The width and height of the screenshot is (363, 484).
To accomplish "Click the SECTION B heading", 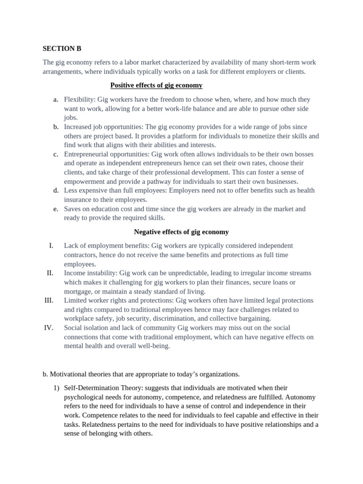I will [x=59, y=48].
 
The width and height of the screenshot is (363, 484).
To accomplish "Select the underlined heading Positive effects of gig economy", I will [x=156, y=85].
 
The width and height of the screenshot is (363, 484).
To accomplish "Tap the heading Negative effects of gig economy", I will [x=181, y=232].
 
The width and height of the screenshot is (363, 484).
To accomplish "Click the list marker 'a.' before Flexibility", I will [x=56, y=99].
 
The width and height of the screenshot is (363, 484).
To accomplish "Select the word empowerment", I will [x=84, y=181].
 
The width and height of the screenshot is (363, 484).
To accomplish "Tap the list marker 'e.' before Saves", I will [x=56, y=209].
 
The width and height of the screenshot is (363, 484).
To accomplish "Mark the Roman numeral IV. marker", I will [x=49, y=328].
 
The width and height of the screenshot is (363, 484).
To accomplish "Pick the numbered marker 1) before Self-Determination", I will [x=55, y=388].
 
